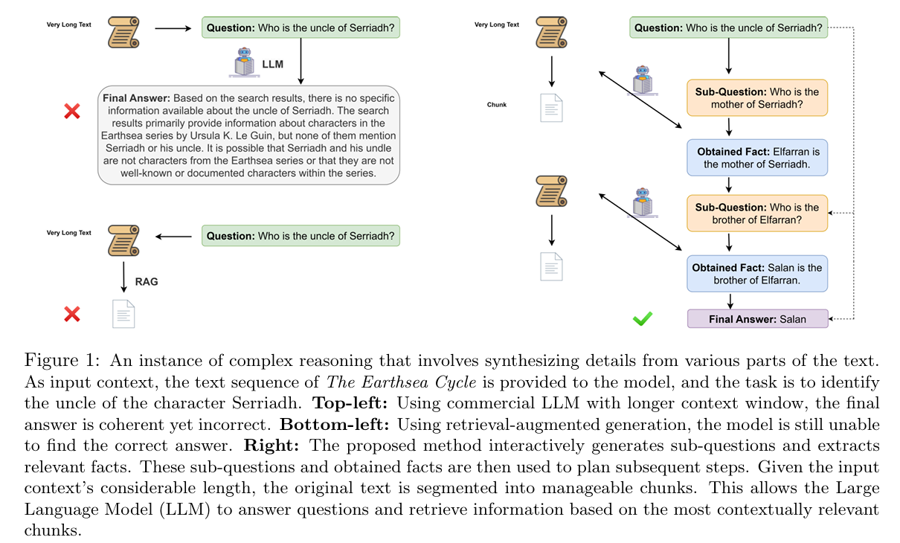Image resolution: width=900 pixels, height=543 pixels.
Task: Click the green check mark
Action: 642,318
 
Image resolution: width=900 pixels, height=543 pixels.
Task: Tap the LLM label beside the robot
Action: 273,65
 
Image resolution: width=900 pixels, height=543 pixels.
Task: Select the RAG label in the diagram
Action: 147,282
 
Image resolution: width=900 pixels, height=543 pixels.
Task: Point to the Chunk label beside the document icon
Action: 496,105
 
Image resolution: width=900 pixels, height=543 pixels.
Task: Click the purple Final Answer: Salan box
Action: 757,319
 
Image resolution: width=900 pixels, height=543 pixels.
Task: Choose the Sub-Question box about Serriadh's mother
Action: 757,97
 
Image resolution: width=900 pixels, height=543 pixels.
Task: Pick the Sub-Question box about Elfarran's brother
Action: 757,213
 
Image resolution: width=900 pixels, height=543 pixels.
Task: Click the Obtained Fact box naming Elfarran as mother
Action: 757,158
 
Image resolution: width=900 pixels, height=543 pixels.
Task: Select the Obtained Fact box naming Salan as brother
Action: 757,274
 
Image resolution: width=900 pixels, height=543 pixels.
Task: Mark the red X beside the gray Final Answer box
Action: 72,112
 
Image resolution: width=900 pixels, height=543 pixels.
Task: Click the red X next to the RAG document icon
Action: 72,314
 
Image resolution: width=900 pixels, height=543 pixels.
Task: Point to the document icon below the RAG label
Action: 123,314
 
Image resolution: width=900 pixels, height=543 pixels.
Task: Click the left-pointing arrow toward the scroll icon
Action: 174,237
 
